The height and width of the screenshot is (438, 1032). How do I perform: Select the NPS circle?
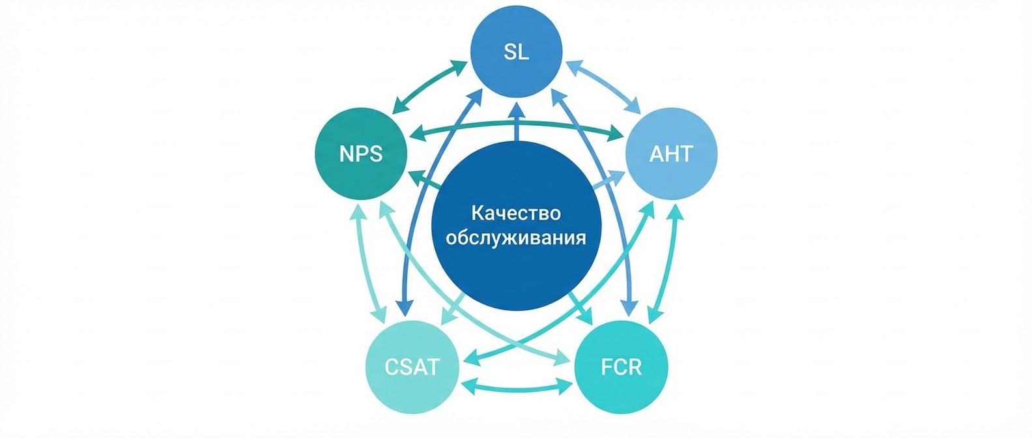click(361, 154)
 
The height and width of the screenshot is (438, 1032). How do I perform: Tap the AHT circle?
click(671, 154)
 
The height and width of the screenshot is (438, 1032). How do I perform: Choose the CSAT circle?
click(412, 367)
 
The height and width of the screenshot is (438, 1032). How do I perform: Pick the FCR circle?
click(621, 367)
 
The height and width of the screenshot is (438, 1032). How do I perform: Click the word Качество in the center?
click(516, 213)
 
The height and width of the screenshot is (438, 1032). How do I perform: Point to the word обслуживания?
click(516, 237)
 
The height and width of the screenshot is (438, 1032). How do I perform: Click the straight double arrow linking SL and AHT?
click(603, 85)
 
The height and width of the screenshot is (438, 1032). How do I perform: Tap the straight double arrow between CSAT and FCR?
click(516, 386)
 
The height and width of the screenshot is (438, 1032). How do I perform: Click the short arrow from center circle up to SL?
click(516, 123)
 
